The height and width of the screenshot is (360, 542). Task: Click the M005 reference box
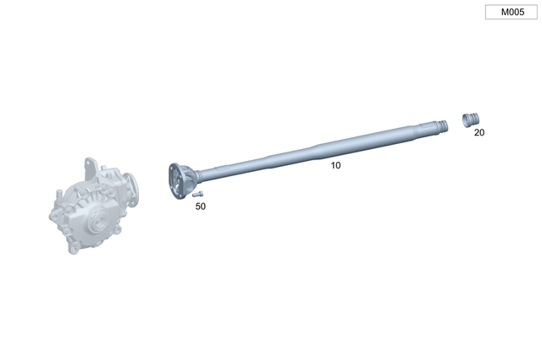point(512,13)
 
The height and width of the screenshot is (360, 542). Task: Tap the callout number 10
point(335,165)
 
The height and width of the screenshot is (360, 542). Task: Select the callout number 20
point(479,132)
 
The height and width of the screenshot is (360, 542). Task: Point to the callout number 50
point(200,206)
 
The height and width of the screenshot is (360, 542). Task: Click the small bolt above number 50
point(196,194)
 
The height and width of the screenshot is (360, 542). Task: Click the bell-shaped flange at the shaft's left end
point(180,180)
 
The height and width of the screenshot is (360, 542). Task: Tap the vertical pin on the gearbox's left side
point(52,209)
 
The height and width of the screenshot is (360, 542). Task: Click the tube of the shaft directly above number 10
point(335,149)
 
